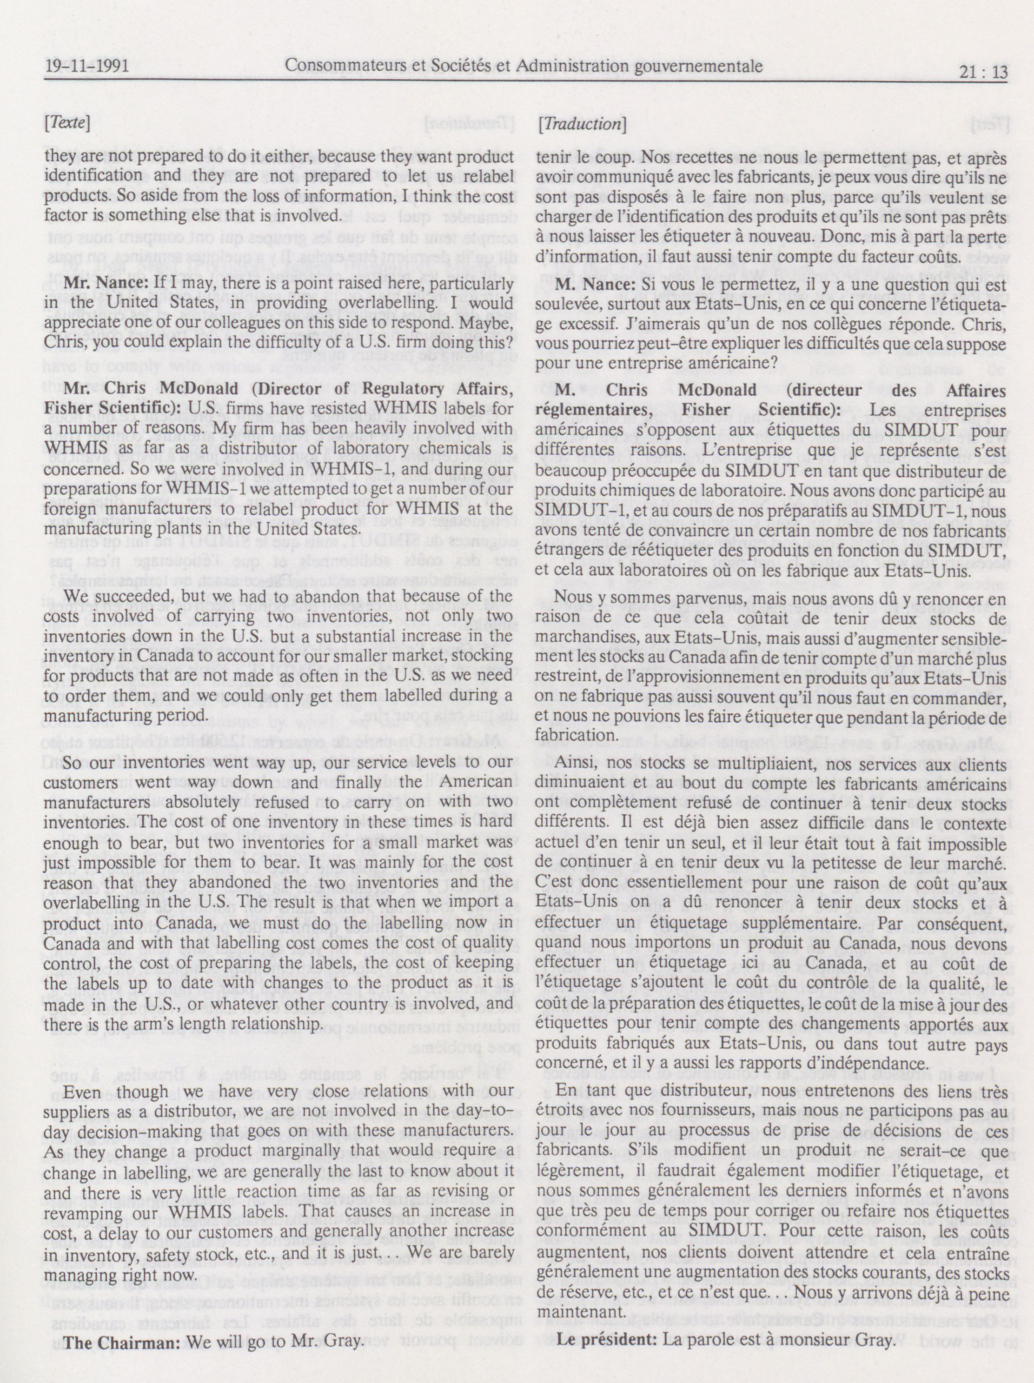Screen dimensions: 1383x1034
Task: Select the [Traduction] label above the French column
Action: click(581, 125)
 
